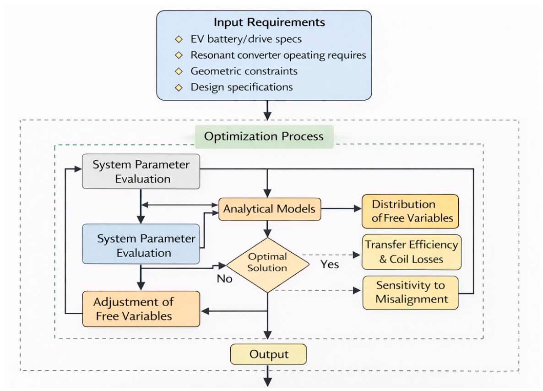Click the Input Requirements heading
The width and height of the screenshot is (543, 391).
click(x=269, y=22)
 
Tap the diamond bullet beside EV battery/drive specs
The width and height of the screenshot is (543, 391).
click(x=179, y=39)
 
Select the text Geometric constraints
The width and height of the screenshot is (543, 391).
click(x=244, y=71)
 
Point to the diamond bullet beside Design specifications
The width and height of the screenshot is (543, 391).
click(x=179, y=87)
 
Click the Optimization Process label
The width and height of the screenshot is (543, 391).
click(x=264, y=136)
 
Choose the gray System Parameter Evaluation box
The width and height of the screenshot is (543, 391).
click(x=141, y=171)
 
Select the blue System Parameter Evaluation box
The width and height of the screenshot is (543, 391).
click(x=141, y=244)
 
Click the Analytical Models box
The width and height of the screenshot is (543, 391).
click(x=269, y=209)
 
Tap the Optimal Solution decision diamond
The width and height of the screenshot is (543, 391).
click(x=267, y=265)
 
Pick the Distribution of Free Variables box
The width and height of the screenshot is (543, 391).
click(x=410, y=211)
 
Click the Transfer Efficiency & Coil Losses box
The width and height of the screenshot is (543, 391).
click(x=412, y=252)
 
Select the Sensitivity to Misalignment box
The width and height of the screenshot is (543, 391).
click(x=410, y=293)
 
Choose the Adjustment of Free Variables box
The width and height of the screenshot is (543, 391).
click(x=141, y=309)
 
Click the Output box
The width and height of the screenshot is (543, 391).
click(x=268, y=354)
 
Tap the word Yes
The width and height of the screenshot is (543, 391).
click(x=329, y=264)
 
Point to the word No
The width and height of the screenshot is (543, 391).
click(x=224, y=278)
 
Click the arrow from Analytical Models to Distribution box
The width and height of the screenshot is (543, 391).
click(x=341, y=208)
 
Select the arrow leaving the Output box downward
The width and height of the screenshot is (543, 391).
click(x=268, y=375)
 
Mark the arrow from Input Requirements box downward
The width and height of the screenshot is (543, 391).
click(x=267, y=110)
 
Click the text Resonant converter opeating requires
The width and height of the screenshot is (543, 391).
click(x=278, y=55)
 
